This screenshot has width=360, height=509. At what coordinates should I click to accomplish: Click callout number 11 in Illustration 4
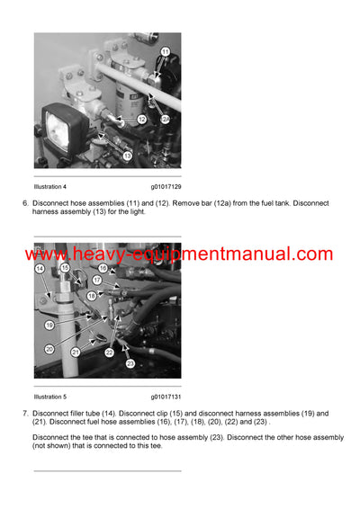164,53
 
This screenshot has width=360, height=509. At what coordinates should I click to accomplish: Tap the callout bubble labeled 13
127,156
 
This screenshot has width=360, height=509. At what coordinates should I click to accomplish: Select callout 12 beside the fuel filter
142,119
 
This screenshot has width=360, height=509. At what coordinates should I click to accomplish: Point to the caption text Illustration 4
50,186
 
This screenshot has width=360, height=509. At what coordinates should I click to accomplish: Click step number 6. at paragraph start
24,203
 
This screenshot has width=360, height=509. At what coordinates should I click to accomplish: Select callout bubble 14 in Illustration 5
40,268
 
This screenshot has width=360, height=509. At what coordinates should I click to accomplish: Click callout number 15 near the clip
64,268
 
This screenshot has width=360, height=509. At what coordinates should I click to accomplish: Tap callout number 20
49,349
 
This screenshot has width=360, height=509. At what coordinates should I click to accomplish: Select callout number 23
130,363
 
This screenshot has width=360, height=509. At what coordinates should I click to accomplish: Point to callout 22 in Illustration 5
109,353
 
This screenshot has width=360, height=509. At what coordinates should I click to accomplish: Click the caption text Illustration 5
50,397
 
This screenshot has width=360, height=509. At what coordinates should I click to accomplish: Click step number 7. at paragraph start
24,414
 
